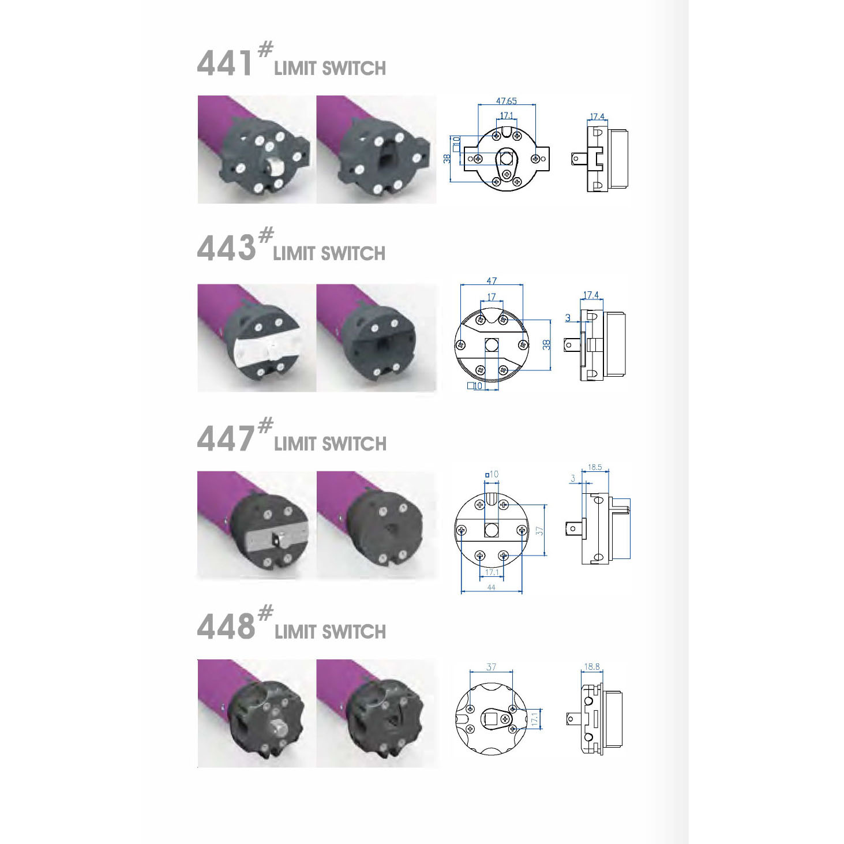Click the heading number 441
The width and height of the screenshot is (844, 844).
click(x=224, y=63)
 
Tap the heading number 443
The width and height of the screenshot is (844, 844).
click(x=226, y=249)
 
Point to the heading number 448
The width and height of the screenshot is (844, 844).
click(x=226, y=627)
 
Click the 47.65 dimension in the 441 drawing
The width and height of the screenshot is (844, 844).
click(x=506, y=101)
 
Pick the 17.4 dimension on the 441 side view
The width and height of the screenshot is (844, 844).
click(x=597, y=117)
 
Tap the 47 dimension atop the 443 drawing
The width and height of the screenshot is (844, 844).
click(x=492, y=281)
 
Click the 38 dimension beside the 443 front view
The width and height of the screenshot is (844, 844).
click(x=546, y=344)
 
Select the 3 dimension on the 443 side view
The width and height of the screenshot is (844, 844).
click(x=568, y=318)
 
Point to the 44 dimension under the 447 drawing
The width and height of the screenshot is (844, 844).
click(x=491, y=587)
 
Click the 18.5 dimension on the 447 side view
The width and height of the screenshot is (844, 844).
click(x=595, y=467)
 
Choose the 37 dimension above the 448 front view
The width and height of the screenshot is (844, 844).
click(x=491, y=667)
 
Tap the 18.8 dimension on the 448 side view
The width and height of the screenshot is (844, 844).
click(x=592, y=667)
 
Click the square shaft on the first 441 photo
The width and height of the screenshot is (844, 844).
click(x=275, y=168)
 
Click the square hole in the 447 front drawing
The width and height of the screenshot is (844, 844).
click(x=492, y=530)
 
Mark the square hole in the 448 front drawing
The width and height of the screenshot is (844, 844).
click(x=492, y=719)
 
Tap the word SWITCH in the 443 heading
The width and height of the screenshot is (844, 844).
click(x=352, y=253)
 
